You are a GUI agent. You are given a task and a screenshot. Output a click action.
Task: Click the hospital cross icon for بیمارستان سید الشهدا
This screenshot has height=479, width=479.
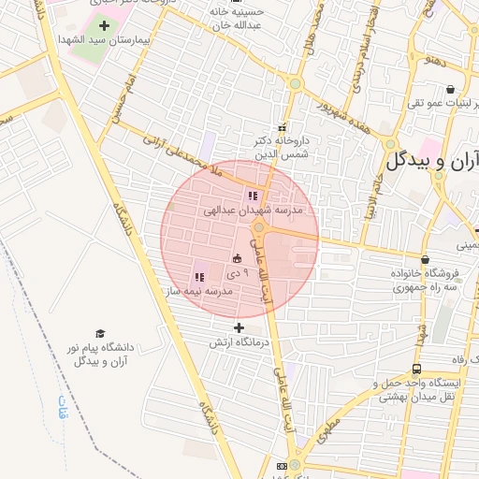click(103, 25)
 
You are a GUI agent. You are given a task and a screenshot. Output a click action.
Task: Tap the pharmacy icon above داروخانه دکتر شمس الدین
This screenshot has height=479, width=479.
click(282, 127)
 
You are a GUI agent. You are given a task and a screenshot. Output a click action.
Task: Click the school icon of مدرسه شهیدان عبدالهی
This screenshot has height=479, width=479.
click(253, 196)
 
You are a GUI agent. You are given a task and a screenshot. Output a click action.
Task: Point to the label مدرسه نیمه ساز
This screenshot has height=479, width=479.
click(199, 292)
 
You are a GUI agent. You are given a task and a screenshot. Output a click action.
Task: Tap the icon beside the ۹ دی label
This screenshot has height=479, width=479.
click(237, 258)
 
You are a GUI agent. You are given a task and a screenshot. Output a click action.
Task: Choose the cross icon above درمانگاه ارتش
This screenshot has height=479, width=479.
click(239, 327)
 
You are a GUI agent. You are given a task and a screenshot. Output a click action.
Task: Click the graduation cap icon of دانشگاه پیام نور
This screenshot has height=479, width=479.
click(99, 333)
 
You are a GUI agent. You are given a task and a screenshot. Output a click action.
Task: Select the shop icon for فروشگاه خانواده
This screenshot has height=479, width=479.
click(426, 260)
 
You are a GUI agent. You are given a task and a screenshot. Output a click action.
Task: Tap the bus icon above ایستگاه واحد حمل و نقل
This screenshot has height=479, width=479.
click(416, 369)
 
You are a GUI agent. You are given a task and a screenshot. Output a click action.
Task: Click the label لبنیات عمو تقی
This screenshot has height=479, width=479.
click(441, 102)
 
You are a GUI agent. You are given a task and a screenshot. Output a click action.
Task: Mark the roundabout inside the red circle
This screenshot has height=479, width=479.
click(259, 225)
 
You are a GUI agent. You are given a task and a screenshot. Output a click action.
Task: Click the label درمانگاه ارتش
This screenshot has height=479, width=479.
click(232, 342)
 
